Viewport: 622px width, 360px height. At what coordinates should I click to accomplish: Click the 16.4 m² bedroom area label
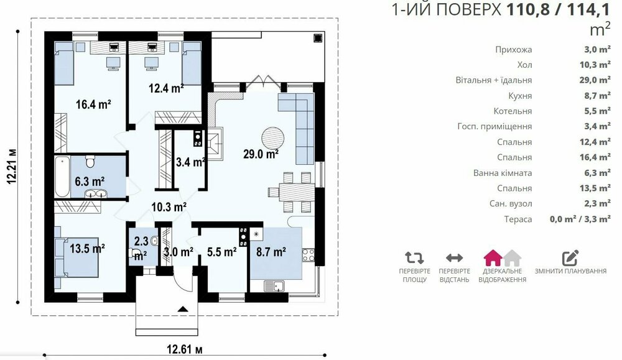(x=94, y=104)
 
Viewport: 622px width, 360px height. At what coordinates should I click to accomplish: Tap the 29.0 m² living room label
(x=261, y=154)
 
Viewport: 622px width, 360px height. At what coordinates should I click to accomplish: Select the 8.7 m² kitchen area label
(x=271, y=252)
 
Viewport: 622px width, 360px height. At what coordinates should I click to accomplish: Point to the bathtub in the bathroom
(x=62, y=177)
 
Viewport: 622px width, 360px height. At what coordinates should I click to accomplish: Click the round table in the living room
(x=273, y=138)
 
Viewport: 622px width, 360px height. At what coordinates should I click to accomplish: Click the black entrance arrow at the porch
(x=183, y=309)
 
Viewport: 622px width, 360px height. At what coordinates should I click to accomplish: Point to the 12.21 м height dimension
(x=12, y=167)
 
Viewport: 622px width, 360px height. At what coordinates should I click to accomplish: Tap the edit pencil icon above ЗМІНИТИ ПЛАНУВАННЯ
(x=571, y=258)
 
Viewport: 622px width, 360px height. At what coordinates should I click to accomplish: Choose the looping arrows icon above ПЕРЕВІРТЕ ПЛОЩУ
(x=414, y=258)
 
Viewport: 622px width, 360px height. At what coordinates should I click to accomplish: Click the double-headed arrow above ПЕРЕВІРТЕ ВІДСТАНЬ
(x=454, y=258)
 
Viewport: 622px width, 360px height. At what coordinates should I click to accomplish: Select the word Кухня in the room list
(x=520, y=96)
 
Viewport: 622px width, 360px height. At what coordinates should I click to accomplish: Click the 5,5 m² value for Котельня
(x=597, y=111)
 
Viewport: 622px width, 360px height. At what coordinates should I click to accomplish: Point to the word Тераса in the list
(x=518, y=219)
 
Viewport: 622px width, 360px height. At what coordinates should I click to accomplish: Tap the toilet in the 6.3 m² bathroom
(x=90, y=161)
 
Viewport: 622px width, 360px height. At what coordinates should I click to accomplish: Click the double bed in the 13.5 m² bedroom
(x=77, y=257)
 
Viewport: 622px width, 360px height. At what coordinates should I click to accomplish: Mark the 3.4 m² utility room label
(x=190, y=162)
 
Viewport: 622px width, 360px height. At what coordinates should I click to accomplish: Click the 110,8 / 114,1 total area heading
(x=558, y=9)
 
